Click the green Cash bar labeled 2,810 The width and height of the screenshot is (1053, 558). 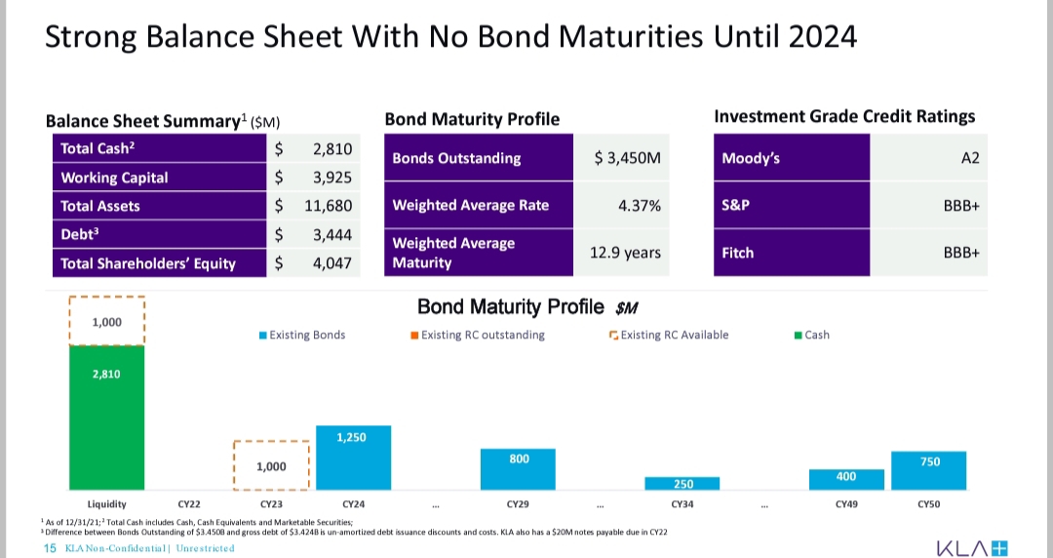(x=106, y=418)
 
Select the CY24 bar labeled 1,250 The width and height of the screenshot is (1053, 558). (x=353, y=458)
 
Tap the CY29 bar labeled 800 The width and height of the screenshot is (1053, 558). (x=518, y=469)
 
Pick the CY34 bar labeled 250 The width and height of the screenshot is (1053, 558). (x=682, y=483)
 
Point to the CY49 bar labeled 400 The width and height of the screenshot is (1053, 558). (x=846, y=479)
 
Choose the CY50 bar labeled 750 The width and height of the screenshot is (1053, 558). (x=929, y=470)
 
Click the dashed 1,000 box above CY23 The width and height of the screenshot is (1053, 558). (x=271, y=465)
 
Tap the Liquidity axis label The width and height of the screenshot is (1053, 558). (x=106, y=504)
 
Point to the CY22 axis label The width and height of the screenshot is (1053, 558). (x=189, y=504)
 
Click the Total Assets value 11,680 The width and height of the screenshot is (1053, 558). (x=331, y=206)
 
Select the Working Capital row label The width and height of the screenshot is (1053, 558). (x=114, y=178)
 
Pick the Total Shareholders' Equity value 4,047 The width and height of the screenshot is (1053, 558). (x=331, y=262)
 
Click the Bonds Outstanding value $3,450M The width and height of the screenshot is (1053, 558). (x=627, y=158)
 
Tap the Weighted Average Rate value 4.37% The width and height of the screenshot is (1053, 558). (x=639, y=205)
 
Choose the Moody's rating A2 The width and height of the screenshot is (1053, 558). (x=969, y=158)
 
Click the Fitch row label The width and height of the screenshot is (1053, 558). (x=738, y=253)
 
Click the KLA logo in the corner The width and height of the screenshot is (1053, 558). (x=971, y=547)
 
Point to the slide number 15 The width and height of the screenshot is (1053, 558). (x=51, y=548)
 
